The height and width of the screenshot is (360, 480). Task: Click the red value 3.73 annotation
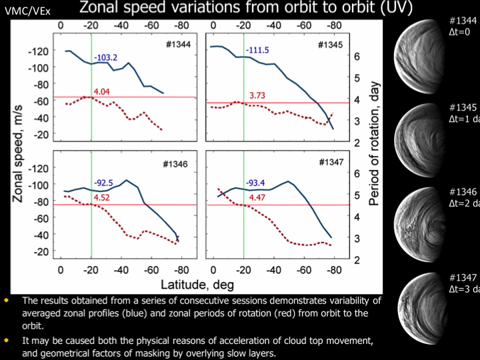[257, 96]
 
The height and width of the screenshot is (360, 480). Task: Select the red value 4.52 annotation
[101, 197]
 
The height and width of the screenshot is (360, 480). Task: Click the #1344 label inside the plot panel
[177, 45]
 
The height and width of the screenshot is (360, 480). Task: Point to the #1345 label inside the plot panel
[331, 45]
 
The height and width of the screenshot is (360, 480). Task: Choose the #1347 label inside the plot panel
[331, 162]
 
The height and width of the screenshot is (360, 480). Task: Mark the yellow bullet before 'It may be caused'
[7, 339]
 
